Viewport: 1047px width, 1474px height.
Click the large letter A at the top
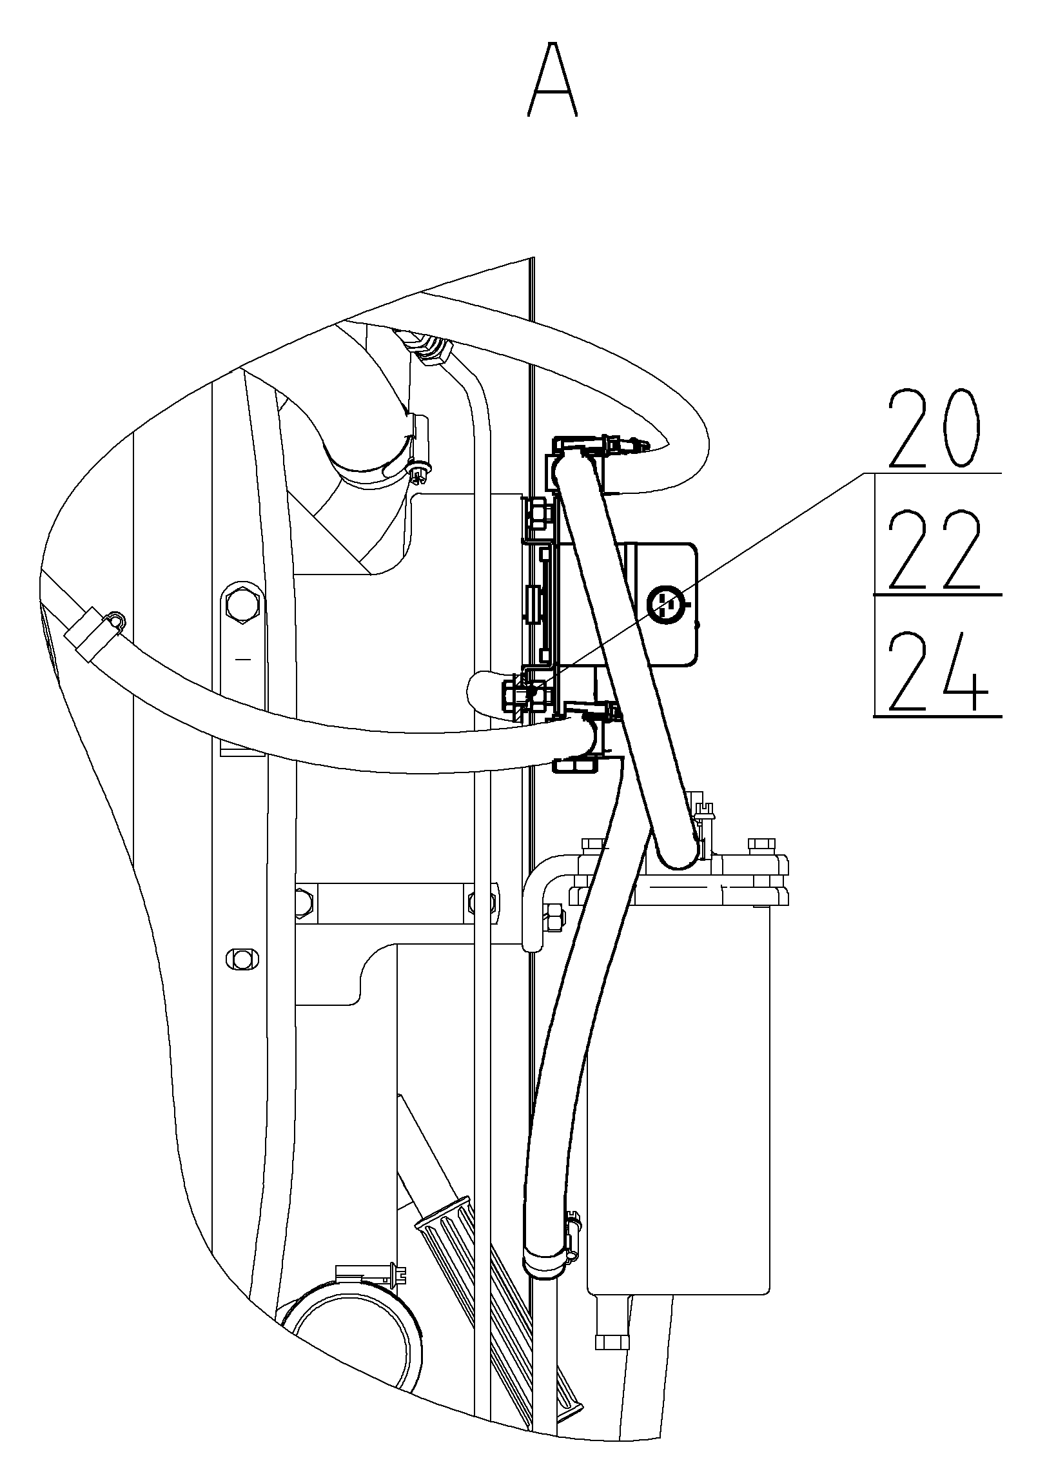pyautogui.click(x=553, y=79)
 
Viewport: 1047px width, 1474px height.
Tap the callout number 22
pyautogui.click(x=935, y=550)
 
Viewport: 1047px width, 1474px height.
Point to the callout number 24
pyautogui.click(x=937, y=673)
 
